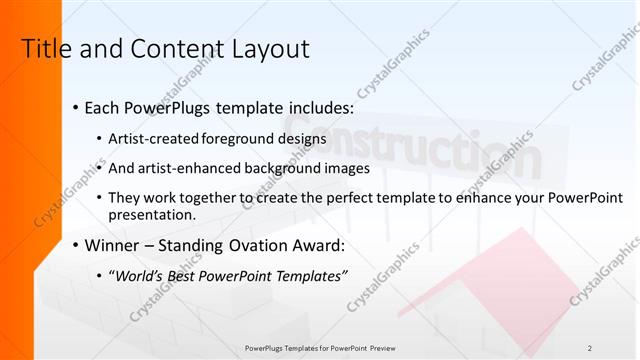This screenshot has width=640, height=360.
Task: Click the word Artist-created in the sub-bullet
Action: (155, 138)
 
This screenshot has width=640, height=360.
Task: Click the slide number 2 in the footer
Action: (590, 347)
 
